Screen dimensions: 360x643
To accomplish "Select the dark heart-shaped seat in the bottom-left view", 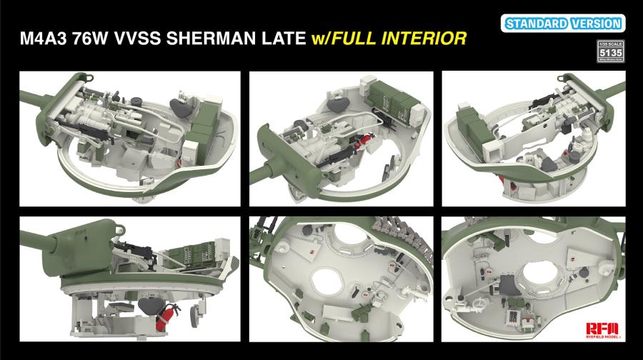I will point(151,306).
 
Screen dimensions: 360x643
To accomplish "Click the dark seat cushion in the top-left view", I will point(184,108).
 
